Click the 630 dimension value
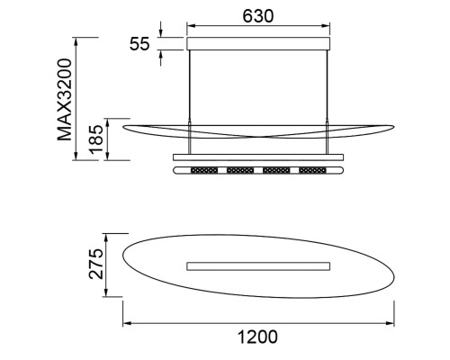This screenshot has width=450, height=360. pyautogui.click(x=258, y=16)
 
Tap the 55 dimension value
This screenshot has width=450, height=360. pyautogui.click(x=139, y=44)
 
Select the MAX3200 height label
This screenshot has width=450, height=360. pyautogui.click(x=65, y=100)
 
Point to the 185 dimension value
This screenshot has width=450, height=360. pyautogui.click(x=96, y=139)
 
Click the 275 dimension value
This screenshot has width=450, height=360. pyautogui.click(x=96, y=264)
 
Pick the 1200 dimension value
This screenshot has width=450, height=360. pyautogui.click(x=257, y=337)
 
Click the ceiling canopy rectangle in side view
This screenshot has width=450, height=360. pyautogui.click(x=258, y=43)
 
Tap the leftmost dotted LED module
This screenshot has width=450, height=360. pyautogui.click(x=204, y=170)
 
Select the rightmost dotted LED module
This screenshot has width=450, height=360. pyautogui.click(x=312, y=170)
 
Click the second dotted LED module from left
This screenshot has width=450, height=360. pyautogui.click(x=240, y=170)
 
